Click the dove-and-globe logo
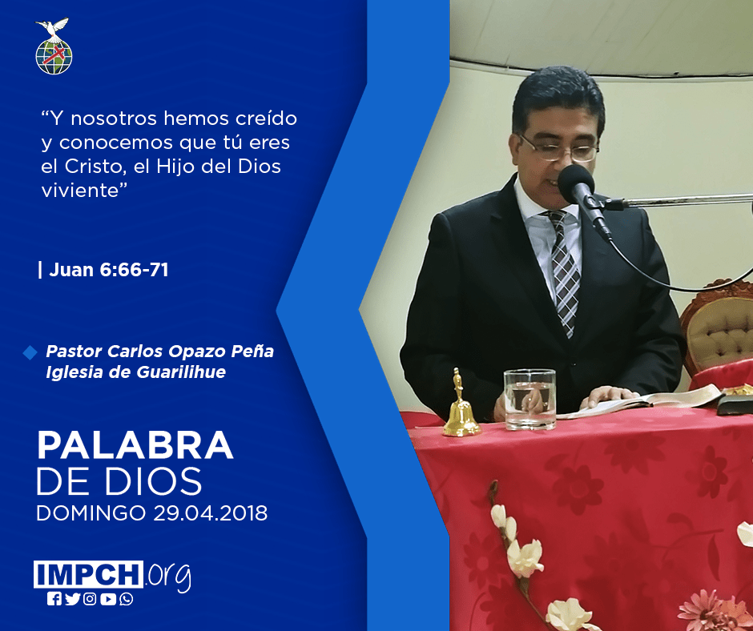54,46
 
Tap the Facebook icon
54,599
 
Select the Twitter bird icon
72,599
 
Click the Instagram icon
90,599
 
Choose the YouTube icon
108,599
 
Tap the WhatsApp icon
127,599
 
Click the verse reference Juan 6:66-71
108,269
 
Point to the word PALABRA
135,445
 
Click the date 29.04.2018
211,513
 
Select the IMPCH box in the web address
88,574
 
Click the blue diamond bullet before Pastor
30,352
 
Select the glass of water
530,400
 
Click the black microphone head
576,184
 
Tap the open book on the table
643,400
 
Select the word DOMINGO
91,513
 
